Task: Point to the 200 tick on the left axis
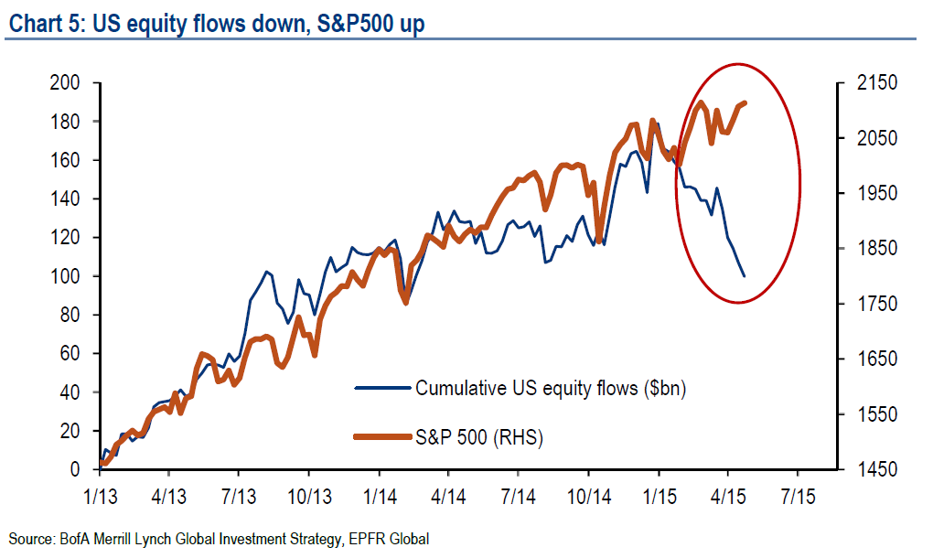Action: (66, 83)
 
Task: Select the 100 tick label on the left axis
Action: (66, 276)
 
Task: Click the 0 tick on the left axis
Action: (77, 469)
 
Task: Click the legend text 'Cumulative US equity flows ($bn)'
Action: (551, 388)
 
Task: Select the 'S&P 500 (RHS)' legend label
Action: (479, 438)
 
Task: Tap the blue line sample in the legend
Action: (381, 388)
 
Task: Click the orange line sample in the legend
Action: (381, 438)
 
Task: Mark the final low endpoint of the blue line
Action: (745, 275)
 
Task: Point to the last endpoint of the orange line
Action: (745, 103)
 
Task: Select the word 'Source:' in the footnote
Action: (29, 539)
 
